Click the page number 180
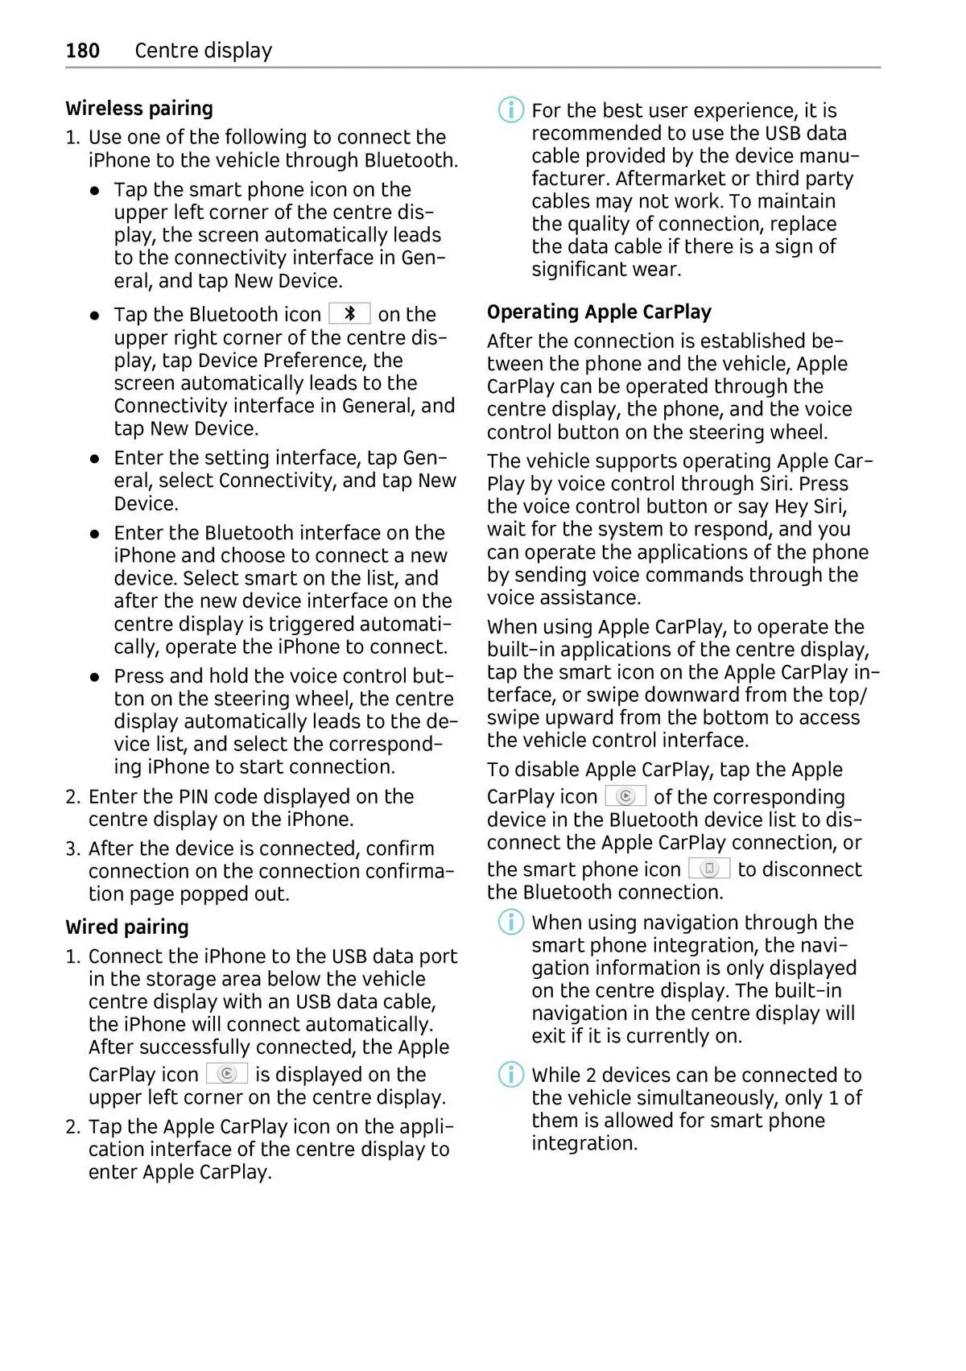82,51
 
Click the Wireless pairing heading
139,109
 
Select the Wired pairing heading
127,927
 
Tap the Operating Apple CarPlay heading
599,312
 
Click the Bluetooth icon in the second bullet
349,314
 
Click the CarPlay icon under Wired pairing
227,1074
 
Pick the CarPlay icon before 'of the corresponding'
625,796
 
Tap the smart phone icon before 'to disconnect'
709,869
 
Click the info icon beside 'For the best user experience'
511,110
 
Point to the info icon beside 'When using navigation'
511,922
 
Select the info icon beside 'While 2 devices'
511,1075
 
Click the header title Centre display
203,51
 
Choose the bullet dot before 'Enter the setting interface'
95,459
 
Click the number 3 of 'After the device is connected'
72,849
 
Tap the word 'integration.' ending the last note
584,1144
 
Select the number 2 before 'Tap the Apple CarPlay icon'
72,1127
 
